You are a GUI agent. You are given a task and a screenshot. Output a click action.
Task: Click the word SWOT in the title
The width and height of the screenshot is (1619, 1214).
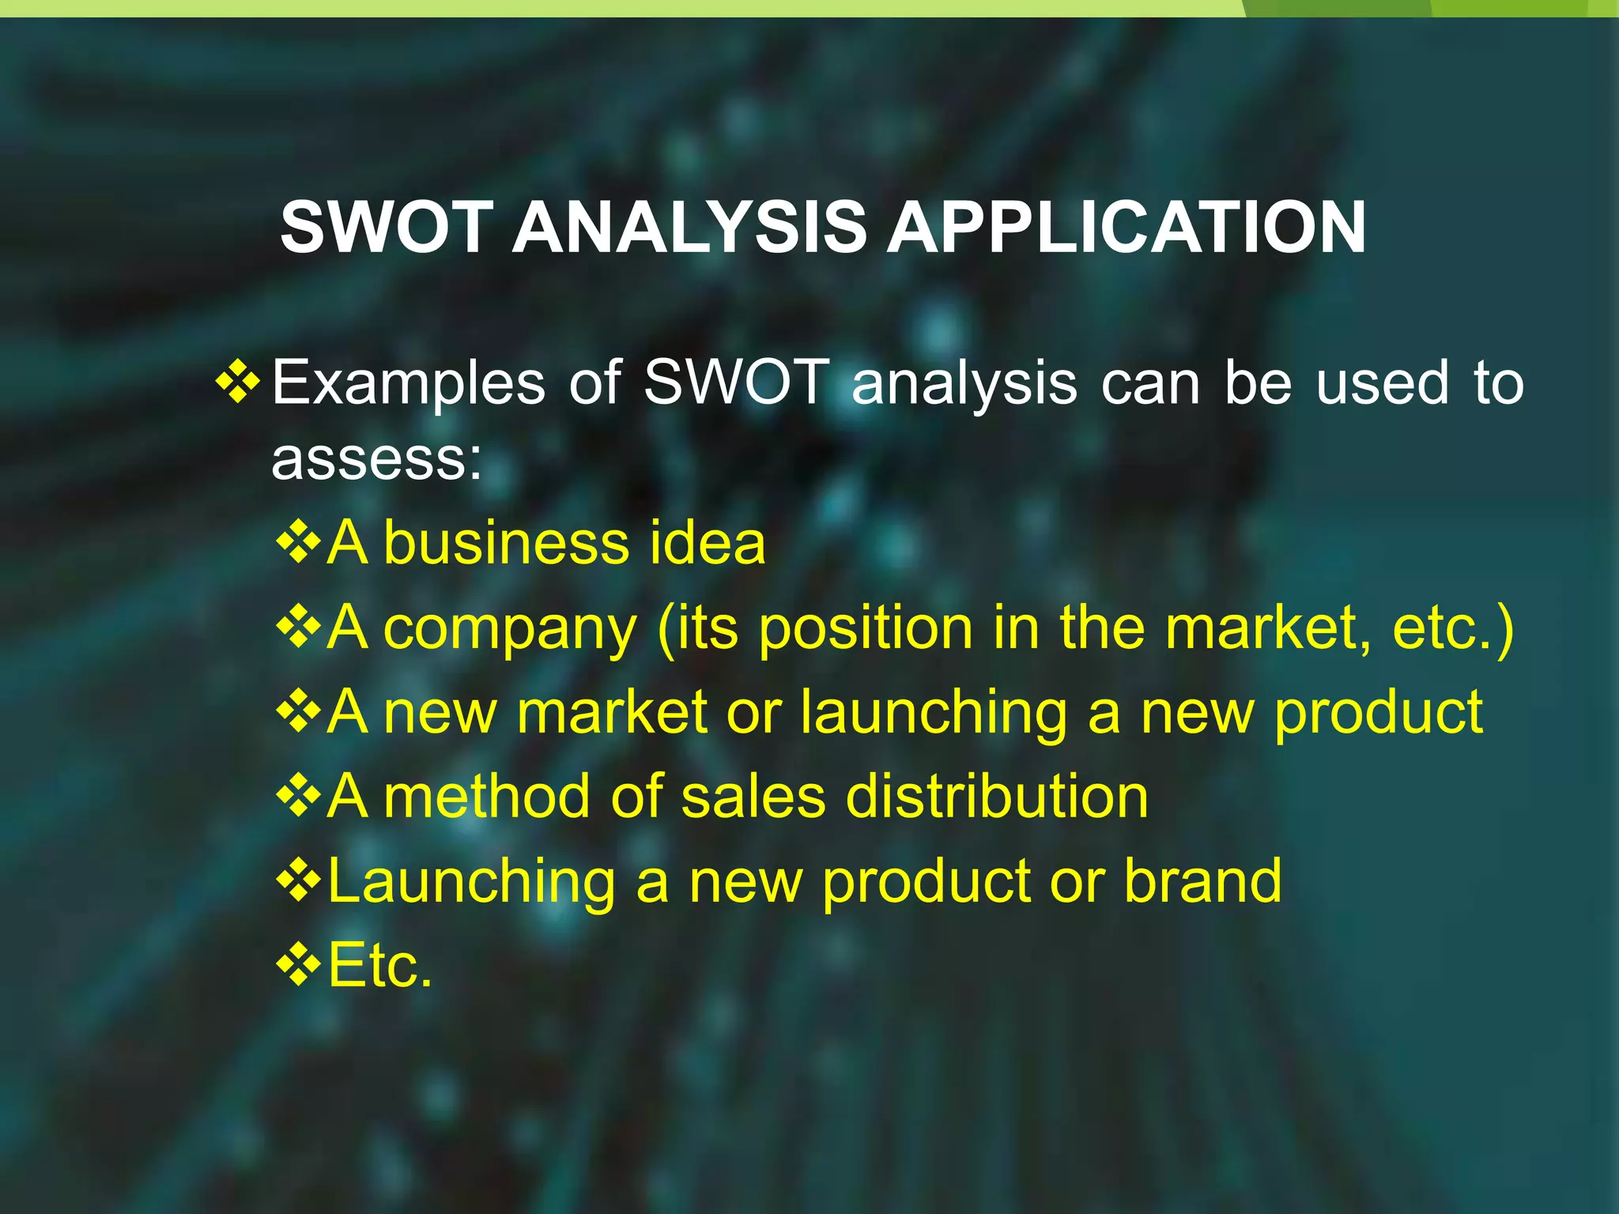[387, 228]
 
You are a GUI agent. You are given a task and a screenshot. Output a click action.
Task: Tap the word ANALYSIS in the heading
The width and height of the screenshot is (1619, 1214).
[689, 228]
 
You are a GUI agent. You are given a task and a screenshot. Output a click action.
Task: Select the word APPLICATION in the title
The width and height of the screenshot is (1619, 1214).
[1126, 228]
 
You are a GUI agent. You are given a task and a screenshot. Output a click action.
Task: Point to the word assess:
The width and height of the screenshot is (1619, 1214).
[376, 459]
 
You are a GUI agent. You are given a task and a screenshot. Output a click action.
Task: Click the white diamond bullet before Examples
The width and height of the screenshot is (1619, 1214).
[237, 382]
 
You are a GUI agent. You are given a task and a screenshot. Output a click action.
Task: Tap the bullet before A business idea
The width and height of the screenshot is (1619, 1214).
[299, 543]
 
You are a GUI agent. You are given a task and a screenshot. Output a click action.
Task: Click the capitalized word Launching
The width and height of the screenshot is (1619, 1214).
[471, 882]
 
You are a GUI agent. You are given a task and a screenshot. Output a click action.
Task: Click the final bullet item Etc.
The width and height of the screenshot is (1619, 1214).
[380, 966]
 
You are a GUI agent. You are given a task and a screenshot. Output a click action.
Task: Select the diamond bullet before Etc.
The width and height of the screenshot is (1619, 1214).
[299, 964]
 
